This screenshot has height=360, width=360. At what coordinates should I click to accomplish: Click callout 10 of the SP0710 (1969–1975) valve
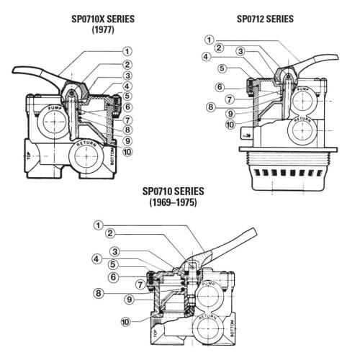point(125,322)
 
